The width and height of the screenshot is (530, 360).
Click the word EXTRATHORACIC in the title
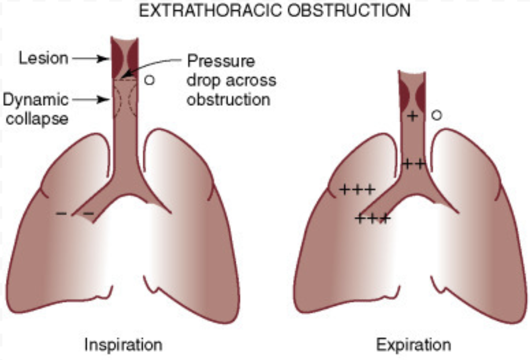210,11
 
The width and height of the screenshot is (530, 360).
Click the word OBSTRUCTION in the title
349,11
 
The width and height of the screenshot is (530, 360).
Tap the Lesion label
43,58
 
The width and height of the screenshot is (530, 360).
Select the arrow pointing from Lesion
90,59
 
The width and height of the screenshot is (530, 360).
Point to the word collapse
37,119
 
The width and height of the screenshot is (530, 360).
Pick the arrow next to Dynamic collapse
90,100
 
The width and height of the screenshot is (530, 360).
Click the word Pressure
221,61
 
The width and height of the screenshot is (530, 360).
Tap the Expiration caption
413,345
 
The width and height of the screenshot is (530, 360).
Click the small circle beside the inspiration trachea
149,80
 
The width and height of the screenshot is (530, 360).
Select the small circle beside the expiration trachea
436,115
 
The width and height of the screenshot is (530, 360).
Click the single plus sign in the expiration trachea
412,116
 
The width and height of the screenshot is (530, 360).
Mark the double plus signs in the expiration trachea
414,164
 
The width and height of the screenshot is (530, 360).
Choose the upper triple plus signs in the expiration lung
357,189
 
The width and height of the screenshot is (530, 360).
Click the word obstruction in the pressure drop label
228,100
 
